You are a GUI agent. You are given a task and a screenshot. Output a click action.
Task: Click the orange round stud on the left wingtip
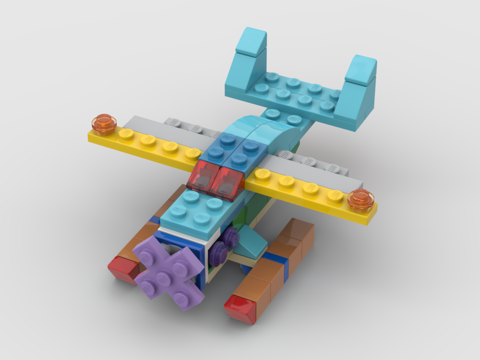pyautogui.click(x=104, y=123)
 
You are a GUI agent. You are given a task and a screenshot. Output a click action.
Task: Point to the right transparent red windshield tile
pyautogui.click(x=228, y=183)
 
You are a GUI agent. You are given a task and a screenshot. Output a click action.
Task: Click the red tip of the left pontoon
pyautogui.click(x=122, y=269)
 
